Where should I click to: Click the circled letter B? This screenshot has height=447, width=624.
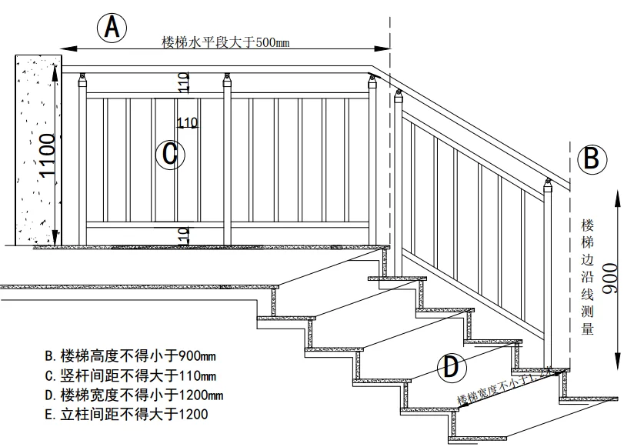(592, 159)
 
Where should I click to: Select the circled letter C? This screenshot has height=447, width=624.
(169, 155)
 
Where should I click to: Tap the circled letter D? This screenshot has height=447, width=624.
(452, 367)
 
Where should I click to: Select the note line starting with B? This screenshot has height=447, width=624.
(131, 356)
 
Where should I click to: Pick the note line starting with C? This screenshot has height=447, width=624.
(131, 376)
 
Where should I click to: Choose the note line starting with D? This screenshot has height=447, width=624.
(134, 395)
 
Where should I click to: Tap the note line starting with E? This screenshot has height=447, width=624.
(126, 415)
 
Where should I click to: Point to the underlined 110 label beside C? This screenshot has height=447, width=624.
(188, 122)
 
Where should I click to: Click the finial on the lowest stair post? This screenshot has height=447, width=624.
(549, 185)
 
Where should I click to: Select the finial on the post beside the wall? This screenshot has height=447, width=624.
(82, 76)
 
